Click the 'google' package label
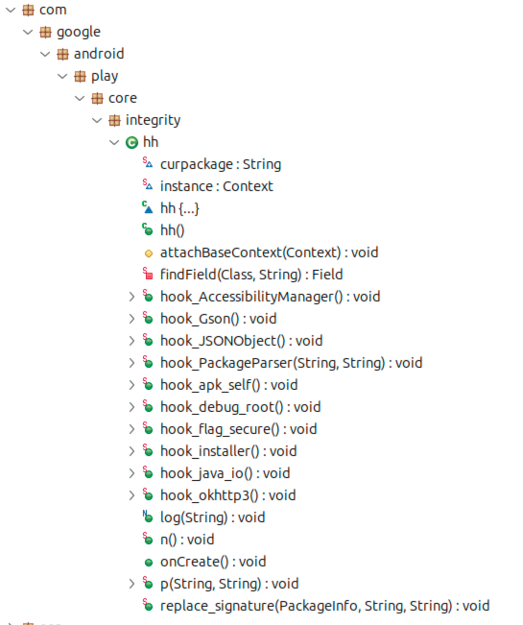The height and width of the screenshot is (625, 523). [x=78, y=32]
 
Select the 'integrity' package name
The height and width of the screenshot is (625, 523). [x=153, y=120]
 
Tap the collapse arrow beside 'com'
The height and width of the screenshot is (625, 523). [x=11, y=10]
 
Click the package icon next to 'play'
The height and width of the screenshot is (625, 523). [x=80, y=76]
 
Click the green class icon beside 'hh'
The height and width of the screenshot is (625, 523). [x=131, y=143]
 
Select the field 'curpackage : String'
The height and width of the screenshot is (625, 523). [x=220, y=165]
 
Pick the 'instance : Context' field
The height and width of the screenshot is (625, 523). [x=216, y=187]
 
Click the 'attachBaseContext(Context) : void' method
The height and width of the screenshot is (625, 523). [x=269, y=253]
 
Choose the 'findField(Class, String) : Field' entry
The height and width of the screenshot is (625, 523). [x=251, y=275]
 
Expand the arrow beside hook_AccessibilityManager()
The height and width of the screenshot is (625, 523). [x=131, y=297]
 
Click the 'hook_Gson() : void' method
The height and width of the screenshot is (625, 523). [x=218, y=319]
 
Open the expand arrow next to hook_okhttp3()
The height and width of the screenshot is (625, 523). [x=131, y=496]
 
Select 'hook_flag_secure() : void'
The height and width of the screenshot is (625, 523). [x=238, y=430]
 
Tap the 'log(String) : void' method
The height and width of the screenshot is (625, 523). [x=212, y=518]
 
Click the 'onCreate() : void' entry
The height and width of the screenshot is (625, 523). [x=213, y=562]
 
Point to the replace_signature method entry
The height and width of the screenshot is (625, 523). [x=324, y=606]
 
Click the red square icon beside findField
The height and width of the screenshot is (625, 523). [x=148, y=275]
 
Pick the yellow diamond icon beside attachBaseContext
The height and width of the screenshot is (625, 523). [x=149, y=253]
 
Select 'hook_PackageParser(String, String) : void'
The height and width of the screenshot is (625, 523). [x=291, y=363]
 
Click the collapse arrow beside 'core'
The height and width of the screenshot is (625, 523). [x=80, y=98]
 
